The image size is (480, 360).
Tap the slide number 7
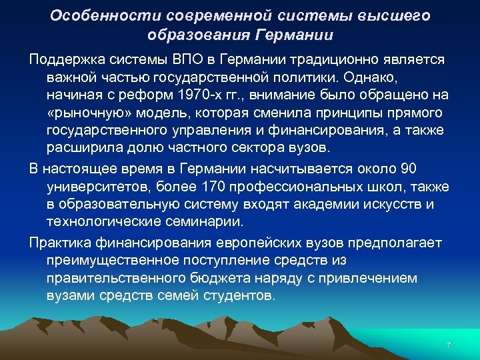point(448,345)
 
